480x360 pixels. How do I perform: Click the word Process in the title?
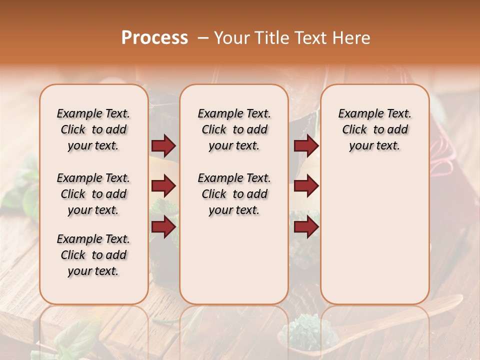(154, 37)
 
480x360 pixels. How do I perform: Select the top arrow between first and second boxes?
(163, 145)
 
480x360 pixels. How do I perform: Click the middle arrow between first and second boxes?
(163, 186)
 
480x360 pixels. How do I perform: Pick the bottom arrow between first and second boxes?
(163, 226)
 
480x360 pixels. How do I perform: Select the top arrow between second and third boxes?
(306, 145)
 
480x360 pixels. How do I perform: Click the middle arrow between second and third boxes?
(306, 186)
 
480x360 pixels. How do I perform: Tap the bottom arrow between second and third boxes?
(306, 227)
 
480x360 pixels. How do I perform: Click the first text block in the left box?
(93, 129)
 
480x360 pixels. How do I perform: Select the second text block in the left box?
(93, 194)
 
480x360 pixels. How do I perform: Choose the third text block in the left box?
(93, 255)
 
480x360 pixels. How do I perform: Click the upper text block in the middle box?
(234, 129)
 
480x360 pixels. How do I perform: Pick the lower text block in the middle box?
(234, 194)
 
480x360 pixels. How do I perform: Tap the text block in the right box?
(374, 129)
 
